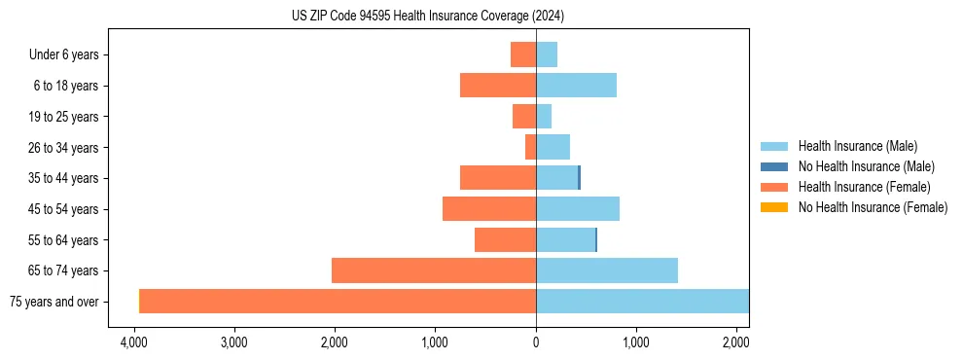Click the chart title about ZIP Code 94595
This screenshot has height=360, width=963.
(428, 16)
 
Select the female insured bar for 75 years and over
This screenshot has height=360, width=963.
(339, 301)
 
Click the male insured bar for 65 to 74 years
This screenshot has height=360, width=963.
(606, 270)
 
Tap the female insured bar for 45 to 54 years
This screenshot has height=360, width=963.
(489, 209)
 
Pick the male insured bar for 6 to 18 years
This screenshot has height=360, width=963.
(576, 86)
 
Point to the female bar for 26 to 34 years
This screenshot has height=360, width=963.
(530, 147)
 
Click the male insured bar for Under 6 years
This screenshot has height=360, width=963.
(547, 54)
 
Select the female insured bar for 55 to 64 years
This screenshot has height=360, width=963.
(505, 239)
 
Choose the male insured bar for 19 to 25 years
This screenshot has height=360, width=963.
(544, 117)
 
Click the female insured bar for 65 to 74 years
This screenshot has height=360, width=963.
(434, 270)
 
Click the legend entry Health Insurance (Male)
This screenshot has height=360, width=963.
(857, 146)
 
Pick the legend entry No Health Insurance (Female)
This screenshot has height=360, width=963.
(873, 207)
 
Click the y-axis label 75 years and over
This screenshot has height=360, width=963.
(53, 302)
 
